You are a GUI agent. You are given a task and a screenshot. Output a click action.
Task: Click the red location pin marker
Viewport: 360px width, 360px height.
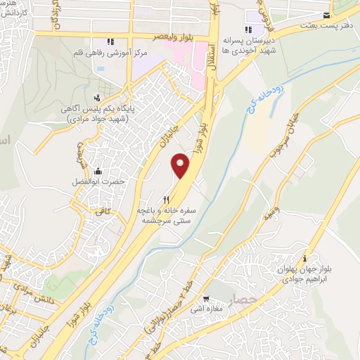(181, 166)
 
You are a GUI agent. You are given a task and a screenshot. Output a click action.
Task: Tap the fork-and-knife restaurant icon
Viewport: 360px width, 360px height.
(166, 200)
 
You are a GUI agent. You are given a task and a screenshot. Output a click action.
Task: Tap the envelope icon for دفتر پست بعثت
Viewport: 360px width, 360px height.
(326, 15)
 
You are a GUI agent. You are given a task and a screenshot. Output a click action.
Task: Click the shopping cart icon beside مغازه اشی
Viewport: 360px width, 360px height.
(207, 298)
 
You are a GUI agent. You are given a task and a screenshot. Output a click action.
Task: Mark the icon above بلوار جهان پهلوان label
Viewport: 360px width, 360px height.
(304, 258)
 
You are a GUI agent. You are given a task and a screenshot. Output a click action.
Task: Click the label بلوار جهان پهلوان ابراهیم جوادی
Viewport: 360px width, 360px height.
(304, 274)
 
